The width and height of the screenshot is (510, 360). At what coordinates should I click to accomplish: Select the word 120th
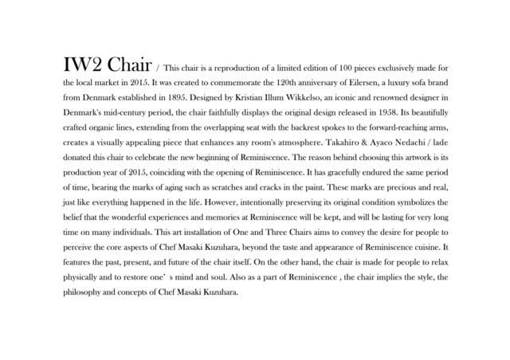coord(249,81)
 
